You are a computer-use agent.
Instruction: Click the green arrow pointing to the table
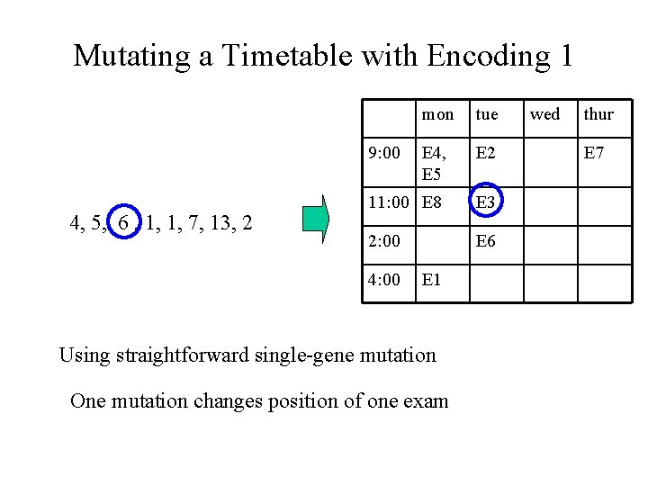316,221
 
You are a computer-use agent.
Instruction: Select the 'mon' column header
438,114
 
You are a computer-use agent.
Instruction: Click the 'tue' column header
486,114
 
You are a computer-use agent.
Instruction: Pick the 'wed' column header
544,114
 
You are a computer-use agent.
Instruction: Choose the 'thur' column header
598,114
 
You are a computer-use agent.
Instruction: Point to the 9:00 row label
385,153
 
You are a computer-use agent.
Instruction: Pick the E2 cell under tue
487,153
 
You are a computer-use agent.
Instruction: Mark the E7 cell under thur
595,153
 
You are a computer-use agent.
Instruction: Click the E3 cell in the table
487,203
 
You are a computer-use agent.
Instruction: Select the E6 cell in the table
487,241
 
